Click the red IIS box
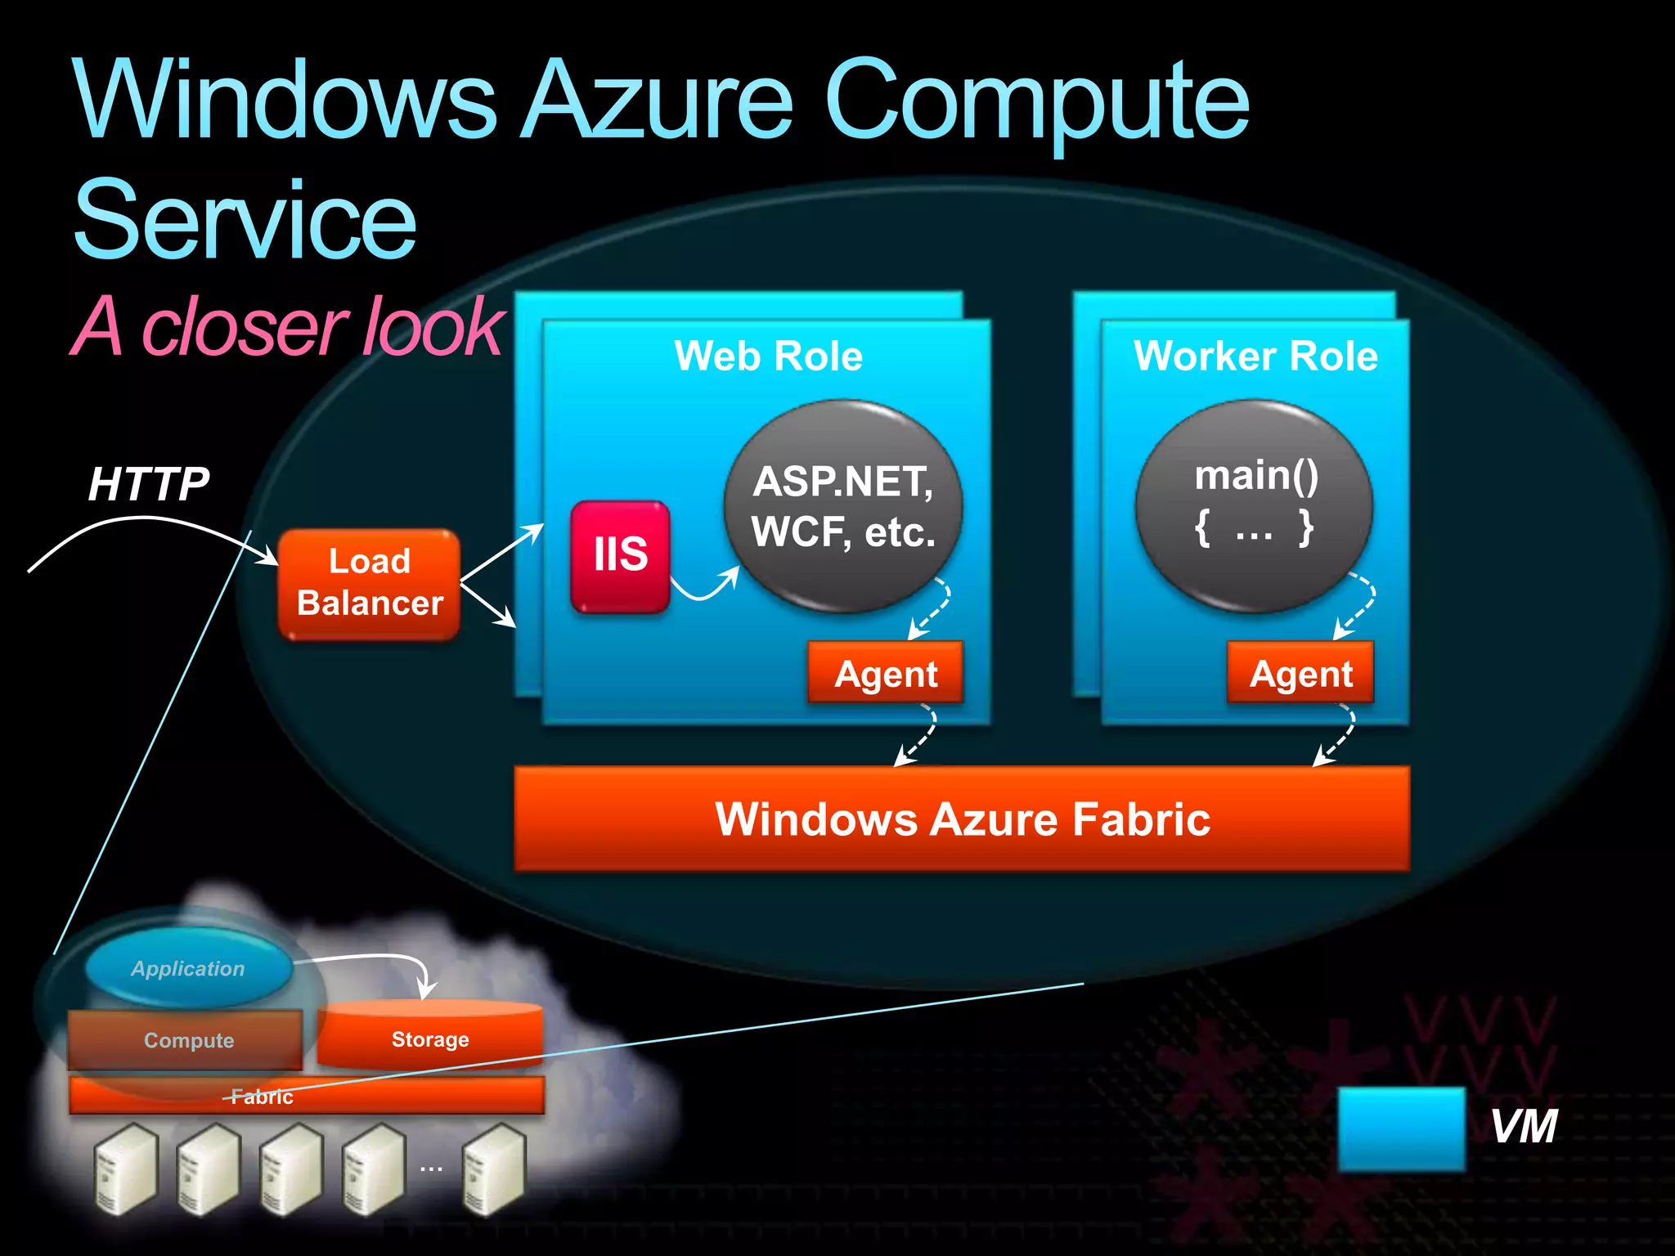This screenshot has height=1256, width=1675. pyautogui.click(x=620, y=556)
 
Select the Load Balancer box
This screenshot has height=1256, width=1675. pyautogui.click(x=369, y=583)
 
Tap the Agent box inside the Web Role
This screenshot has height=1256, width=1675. pyautogui.click(x=885, y=673)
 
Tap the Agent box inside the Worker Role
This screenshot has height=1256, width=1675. pyautogui.click(x=1300, y=673)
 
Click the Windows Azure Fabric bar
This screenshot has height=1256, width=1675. pyautogui.click(x=962, y=819)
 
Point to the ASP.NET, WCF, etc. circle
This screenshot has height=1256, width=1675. pyautogui.click(x=843, y=506)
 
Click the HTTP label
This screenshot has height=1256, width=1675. pyautogui.click(x=149, y=483)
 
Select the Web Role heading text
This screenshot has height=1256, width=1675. pyautogui.click(x=768, y=357)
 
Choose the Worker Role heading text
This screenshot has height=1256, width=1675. pyautogui.click(x=1255, y=357)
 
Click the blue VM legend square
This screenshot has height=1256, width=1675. pyautogui.click(x=1402, y=1128)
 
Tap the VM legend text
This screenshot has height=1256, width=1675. pyautogui.click(x=1524, y=1127)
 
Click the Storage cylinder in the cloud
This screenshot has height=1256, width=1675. pyautogui.click(x=430, y=1037)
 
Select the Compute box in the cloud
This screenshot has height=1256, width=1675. pyautogui.click(x=187, y=1040)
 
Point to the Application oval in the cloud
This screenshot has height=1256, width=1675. pyautogui.click(x=188, y=968)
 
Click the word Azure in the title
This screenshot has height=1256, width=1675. pyautogui.click(x=658, y=102)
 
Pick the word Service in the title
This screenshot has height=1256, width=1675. pyautogui.click(x=245, y=221)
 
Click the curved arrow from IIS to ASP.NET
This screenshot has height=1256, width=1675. pyautogui.click(x=703, y=590)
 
